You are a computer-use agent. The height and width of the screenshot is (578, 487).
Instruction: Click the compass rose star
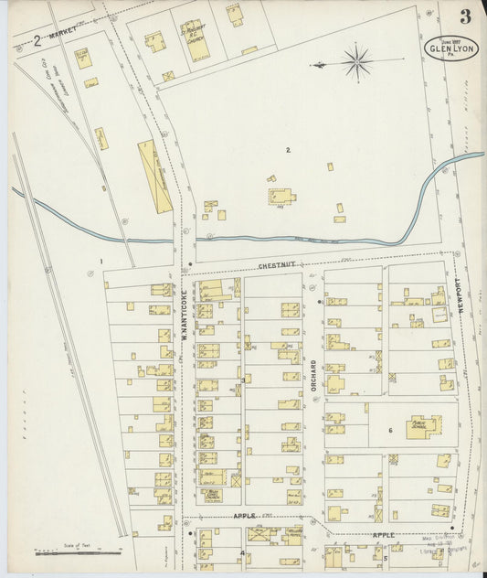pyautogui.click(x=355, y=62)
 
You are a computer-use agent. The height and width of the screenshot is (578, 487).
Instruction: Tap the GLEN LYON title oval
pyautogui.click(x=450, y=47)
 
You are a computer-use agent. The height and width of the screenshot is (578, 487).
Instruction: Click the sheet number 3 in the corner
pyautogui.click(x=466, y=16)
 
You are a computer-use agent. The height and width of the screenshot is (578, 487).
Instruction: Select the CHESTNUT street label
pyautogui.click(x=274, y=266)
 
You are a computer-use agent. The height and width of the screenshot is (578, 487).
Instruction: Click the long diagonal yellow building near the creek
pyautogui.click(x=154, y=177)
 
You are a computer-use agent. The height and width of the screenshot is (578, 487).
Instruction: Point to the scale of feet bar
pyautogui.click(x=77, y=551)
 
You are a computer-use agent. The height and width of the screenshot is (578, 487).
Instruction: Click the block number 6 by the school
pyautogui.click(x=389, y=430)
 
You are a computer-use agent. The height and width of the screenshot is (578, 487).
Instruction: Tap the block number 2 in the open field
pyautogui.click(x=287, y=150)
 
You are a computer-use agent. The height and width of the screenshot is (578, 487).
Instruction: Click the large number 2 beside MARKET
pyautogui.click(x=37, y=39)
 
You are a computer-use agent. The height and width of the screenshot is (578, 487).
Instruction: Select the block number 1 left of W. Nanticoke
pyautogui.click(x=102, y=262)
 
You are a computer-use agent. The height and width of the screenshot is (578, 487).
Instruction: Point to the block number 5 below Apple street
pyautogui.click(x=386, y=557)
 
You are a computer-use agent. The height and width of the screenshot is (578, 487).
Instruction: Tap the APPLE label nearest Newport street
pyautogui.click(x=384, y=533)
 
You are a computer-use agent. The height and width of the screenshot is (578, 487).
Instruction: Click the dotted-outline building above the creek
pyautogui.click(x=281, y=197)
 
